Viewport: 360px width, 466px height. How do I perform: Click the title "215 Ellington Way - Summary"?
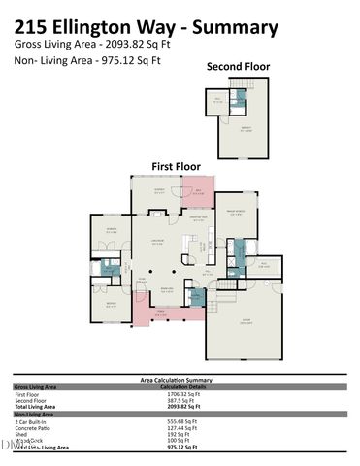(x=146, y=27)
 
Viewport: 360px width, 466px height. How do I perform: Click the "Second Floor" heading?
(x=238, y=67)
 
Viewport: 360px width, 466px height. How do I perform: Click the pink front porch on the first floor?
(x=155, y=314)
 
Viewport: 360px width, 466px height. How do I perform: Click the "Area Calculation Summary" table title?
(x=179, y=380)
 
